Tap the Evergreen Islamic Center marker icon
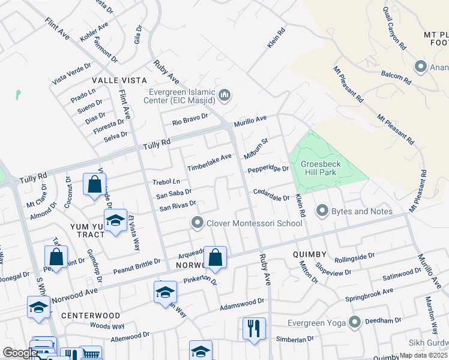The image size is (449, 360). pos(226,95)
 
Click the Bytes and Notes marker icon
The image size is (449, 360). pos(322,211)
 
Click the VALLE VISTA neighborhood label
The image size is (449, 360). pos(119,80)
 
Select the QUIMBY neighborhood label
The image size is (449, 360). pos(310,254)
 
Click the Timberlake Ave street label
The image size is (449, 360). pos(209,162)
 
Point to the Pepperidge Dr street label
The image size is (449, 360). pos(268,169)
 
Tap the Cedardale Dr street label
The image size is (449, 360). pos(271,195)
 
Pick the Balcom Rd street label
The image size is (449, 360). pos(396,77)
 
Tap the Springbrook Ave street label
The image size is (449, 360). pos(369,295)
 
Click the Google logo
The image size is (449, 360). pos(20,353)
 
